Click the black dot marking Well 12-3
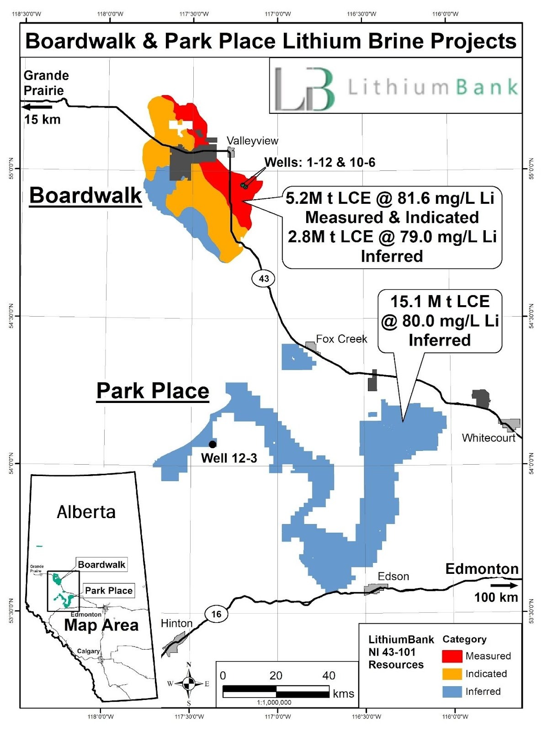coord(213,444)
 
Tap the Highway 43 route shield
coord(264,278)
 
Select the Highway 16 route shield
coord(216,614)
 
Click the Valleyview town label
coord(252,141)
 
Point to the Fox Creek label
coord(341,339)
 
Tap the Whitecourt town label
coord(488,438)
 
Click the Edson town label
coord(393,577)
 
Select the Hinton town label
coord(176,624)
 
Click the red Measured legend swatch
coord(452,656)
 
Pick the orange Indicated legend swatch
coord(452,674)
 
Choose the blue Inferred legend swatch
coord(452,692)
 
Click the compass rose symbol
coord(189,683)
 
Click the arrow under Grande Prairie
coord(37,107)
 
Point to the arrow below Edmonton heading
coord(504,585)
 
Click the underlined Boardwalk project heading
coord(85,196)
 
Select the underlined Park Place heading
coord(153,391)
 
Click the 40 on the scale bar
coord(329,675)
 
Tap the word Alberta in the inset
coord(86,512)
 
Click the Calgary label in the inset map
coord(88,651)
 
